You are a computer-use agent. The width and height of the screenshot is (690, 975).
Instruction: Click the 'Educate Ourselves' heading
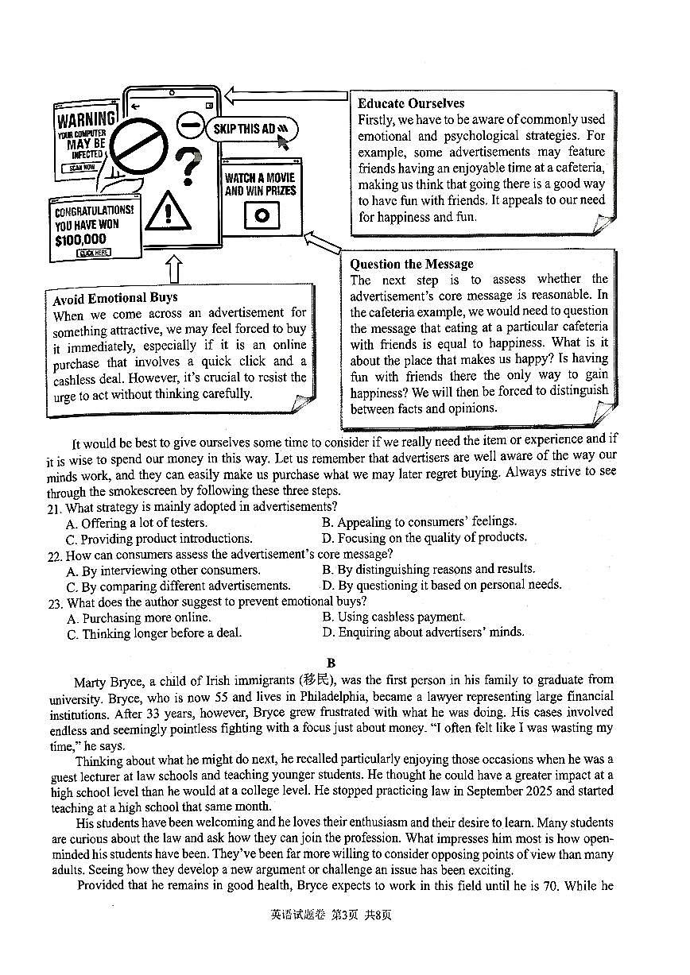click(x=410, y=103)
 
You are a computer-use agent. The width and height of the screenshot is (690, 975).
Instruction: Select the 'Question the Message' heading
click(x=411, y=264)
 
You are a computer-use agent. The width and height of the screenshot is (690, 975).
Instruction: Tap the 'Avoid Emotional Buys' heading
click(x=115, y=298)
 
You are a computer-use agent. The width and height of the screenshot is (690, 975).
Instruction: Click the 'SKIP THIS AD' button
click(x=249, y=129)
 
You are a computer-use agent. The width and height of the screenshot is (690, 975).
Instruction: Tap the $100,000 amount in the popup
click(x=80, y=239)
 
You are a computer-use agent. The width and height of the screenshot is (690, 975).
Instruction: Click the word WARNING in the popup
click(x=86, y=121)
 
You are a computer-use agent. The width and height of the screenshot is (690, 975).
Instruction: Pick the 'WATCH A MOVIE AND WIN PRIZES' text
click(x=260, y=184)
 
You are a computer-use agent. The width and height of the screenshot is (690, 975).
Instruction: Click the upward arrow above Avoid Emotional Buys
click(x=174, y=269)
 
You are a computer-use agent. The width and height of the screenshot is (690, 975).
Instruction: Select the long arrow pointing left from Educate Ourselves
click(x=286, y=96)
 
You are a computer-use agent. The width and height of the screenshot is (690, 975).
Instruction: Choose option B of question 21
click(x=419, y=522)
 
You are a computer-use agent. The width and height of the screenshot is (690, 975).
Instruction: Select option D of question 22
click(x=441, y=585)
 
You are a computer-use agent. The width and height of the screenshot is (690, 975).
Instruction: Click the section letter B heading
click(x=331, y=663)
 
